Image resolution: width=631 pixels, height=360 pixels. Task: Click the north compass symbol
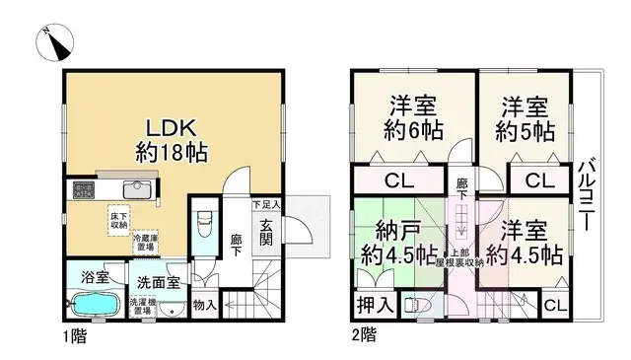[x=57, y=40]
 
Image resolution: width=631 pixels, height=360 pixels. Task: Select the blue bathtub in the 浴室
[x=96, y=304]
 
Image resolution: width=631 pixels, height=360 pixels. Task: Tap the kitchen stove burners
[x=82, y=190]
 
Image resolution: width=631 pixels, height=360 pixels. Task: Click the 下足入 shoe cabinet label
[x=266, y=204]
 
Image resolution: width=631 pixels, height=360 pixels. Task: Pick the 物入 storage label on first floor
[x=204, y=305]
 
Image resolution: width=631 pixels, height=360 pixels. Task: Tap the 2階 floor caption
[x=362, y=335]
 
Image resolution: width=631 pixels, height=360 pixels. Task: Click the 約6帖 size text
[x=412, y=130]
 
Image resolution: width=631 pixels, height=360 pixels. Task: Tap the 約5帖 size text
[x=525, y=130]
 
